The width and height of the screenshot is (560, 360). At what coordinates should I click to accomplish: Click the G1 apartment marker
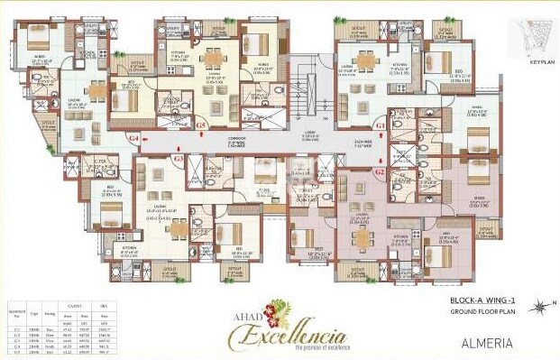[x=381, y=124]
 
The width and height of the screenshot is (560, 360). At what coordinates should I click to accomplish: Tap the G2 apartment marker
[x=380, y=170]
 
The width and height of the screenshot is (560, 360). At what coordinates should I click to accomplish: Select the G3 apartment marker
[x=179, y=159]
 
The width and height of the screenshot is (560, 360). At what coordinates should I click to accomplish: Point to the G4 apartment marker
[x=133, y=139]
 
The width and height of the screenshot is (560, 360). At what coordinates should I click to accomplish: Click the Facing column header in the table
[x=45, y=308]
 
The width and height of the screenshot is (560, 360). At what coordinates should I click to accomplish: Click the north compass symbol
[x=539, y=307]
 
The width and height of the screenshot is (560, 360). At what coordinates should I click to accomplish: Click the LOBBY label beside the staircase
[x=308, y=133]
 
